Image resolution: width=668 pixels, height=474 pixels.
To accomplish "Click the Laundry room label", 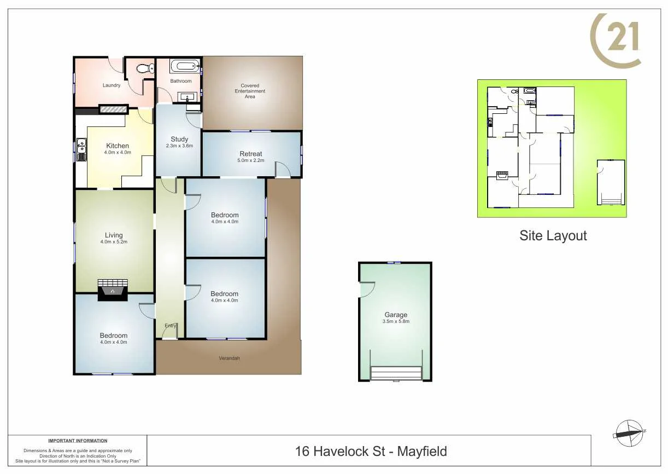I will [x=112, y=85].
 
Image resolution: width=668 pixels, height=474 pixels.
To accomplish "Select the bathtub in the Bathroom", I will [x=185, y=67].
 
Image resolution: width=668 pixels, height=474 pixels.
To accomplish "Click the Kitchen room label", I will [x=118, y=146].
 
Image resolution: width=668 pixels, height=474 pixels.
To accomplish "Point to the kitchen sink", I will [x=81, y=147].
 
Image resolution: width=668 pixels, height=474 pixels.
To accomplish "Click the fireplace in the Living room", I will [x=113, y=290].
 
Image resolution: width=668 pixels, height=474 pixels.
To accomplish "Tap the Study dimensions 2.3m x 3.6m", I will [x=179, y=146].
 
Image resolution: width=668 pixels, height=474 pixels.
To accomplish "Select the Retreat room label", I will [x=251, y=154].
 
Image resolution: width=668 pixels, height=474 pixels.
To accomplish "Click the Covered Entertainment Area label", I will [x=250, y=91].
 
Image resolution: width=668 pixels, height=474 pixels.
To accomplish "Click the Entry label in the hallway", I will [x=171, y=326].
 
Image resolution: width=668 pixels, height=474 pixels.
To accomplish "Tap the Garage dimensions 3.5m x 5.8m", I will [x=396, y=321].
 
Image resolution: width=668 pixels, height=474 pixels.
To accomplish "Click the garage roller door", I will [x=396, y=373].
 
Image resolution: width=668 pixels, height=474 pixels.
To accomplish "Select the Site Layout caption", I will [x=553, y=236].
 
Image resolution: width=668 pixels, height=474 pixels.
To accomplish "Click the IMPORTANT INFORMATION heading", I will [x=78, y=441].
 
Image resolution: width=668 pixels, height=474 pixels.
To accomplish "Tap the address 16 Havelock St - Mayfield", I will [x=371, y=452].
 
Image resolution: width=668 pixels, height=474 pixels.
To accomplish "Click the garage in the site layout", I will [x=611, y=182].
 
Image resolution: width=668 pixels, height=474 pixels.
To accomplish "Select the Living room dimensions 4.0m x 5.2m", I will [x=114, y=242].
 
